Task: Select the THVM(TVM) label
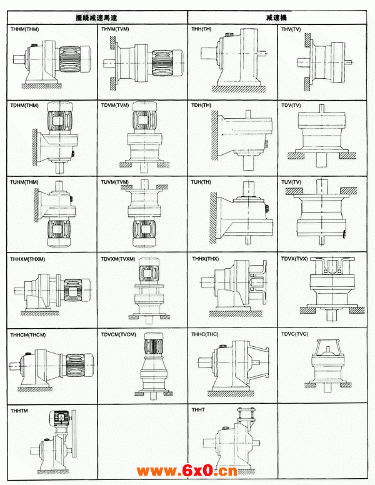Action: pos(115,29)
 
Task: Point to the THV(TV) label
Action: pos(291,29)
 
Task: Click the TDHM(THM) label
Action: pos(24,106)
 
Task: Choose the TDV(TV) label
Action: pos(291,106)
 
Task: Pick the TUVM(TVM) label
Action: pos(115,182)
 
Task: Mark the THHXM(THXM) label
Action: pos(27,258)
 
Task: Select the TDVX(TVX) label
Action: pos(294,258)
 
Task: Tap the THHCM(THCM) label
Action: pos(27,334)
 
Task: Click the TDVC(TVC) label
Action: pos(294,334)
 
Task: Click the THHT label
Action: pos(198,411)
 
